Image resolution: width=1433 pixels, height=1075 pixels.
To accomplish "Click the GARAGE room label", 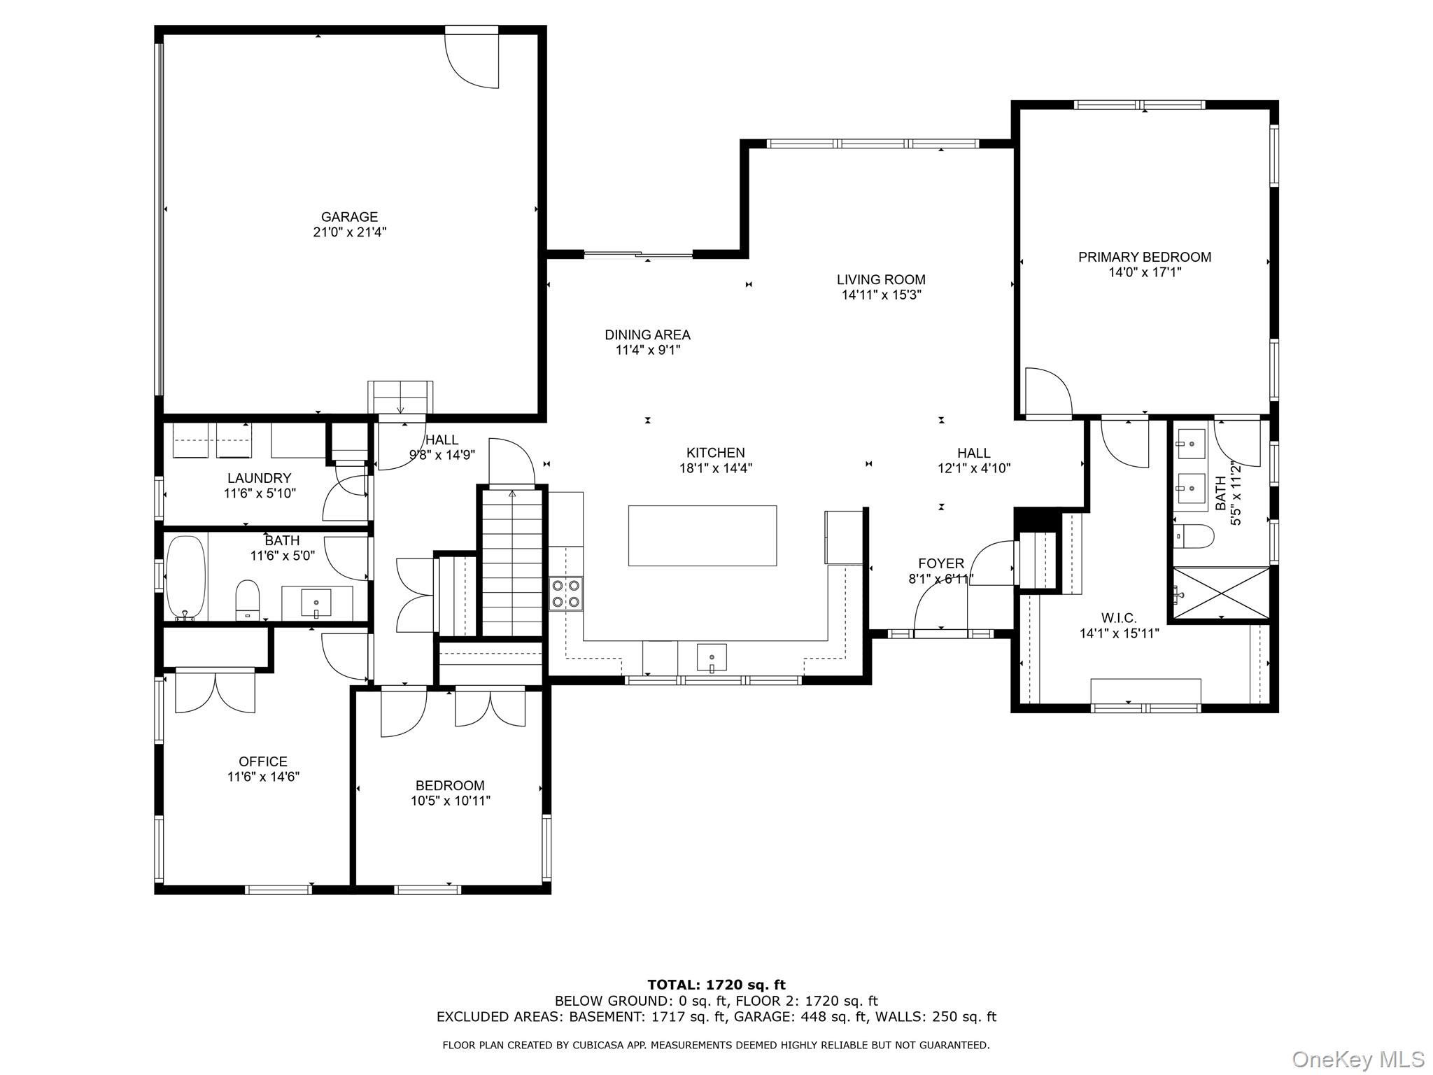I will (349, 217).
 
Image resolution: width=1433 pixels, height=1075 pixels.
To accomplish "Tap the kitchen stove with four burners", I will (565, 593).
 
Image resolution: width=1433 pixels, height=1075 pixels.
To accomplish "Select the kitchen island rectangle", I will (702, 535).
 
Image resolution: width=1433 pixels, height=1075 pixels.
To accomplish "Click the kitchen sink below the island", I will (712, 658).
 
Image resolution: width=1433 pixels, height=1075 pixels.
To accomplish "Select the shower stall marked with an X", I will (1221, 593).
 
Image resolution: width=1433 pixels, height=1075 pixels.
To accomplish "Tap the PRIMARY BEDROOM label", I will (1144, 257).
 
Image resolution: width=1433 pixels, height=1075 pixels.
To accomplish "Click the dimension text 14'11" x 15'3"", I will (881, 295).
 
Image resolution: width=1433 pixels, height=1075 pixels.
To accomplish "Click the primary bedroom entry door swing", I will (1047, 393).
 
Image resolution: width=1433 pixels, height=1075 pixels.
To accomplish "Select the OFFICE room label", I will (263, 761).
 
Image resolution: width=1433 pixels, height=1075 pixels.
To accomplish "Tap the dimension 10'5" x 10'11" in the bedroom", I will (450, 801).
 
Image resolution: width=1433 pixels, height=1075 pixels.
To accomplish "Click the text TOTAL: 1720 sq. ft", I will (716, 985).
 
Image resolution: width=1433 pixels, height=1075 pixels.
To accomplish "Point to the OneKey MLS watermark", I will (1357, 1059).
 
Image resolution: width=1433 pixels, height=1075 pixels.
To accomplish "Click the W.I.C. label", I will (1119, 618).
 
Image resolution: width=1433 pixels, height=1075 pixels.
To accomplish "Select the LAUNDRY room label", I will (259, 478).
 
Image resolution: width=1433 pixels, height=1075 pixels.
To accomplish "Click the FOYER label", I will (941, 563).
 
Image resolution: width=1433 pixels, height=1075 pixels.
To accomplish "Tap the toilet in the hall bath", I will (248, 600).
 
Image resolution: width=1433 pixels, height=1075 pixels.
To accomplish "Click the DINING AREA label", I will (647, 335).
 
